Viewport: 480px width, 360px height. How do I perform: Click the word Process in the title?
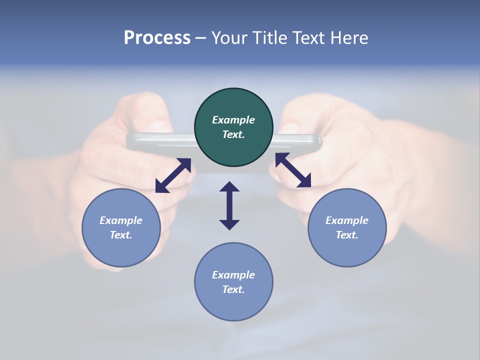coord(157,37)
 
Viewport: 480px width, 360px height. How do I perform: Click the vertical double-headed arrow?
coord(229,205)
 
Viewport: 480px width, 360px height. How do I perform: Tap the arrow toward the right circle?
coord(293,170)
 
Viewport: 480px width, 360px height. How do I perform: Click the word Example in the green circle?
coord(233,120)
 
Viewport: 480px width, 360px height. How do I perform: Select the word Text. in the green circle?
coord(233,134)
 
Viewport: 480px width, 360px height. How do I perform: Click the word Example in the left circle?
coord(121,220)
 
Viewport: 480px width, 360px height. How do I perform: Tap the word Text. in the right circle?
coord(347,235)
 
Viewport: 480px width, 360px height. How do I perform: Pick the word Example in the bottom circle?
coord(233,275)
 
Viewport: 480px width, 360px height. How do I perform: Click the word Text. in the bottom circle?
coord(233,289)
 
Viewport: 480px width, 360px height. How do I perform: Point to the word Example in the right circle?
coord(347,220)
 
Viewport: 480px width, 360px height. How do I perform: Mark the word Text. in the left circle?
coord(121,235)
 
